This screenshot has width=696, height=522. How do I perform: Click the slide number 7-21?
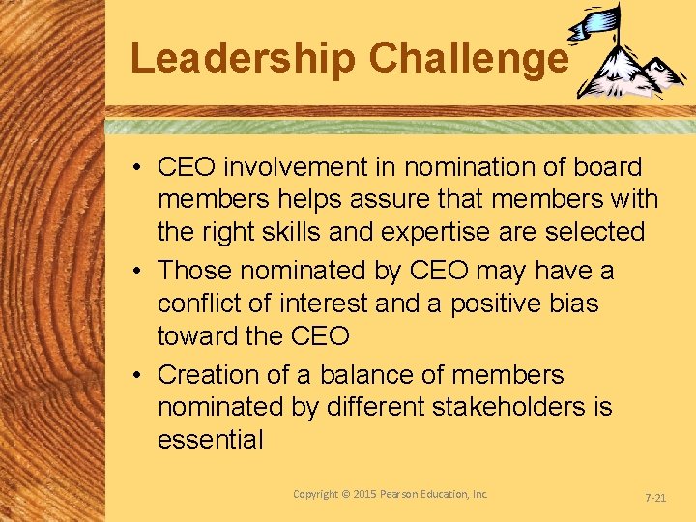click(x=655, y=496)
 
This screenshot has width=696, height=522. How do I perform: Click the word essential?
click(x=210, y=440)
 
